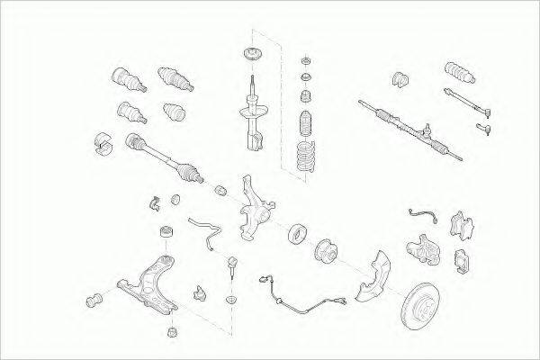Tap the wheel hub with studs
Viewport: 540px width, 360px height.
[326, 251]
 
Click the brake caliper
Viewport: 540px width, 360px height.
[422, 244]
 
